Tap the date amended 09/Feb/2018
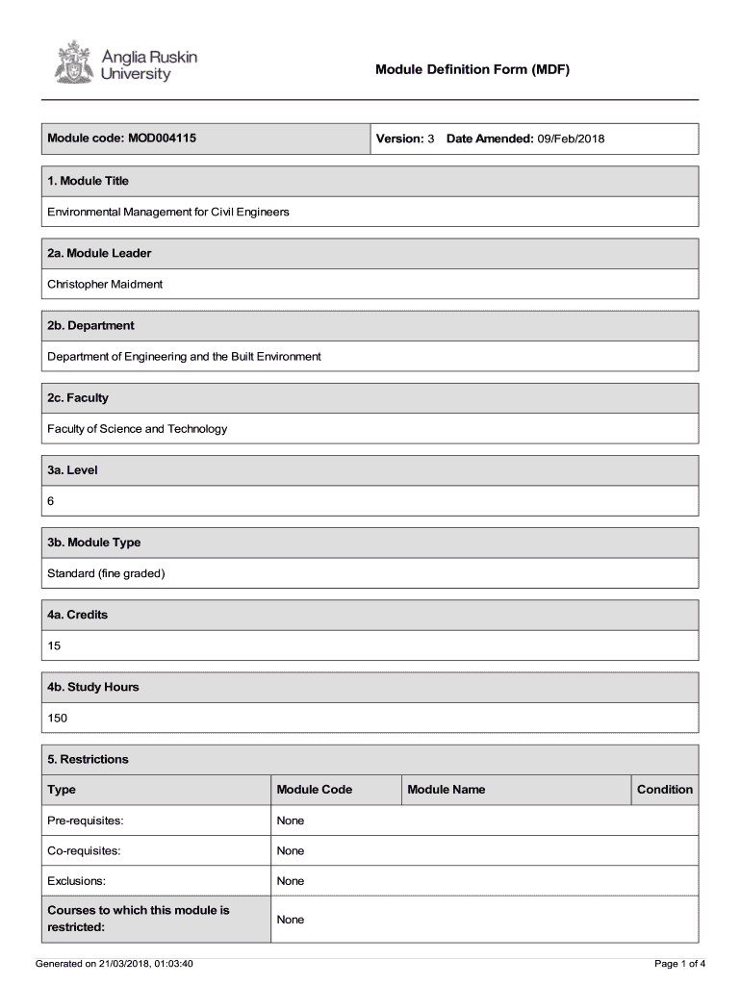pos(571,139)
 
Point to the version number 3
pos(431,139)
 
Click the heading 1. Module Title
pos(88,181)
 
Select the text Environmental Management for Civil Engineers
pos(168,212)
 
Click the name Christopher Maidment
pos(105,284)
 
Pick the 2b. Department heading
pos(90,325)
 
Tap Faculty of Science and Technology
pos(138,429)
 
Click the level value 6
pos(51,501)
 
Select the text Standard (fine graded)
pos(107,573)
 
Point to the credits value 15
pos(54,645)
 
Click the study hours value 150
pos(58,719)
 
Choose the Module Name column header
pos(447,790)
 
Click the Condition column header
pos(664,790)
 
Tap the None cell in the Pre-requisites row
pos(290,821)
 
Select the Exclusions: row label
pos(76,881)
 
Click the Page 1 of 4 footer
pos(679,964)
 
